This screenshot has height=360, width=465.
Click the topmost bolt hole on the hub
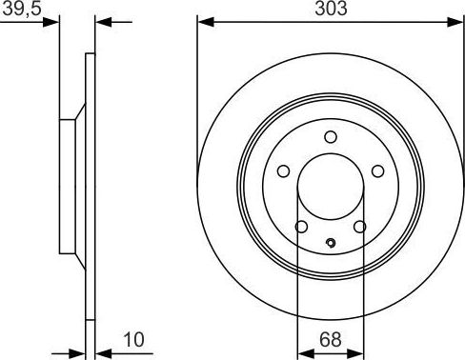[330, 135]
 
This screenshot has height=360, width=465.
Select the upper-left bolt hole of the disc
[283, 170]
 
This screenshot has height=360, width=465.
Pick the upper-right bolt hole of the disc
[376, 170]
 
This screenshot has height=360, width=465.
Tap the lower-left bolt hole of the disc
[301, 227]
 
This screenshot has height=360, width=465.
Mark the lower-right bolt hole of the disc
[359, 227]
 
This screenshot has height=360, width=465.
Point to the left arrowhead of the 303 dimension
[203, 21]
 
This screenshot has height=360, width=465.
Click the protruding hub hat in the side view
[69, 187]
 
